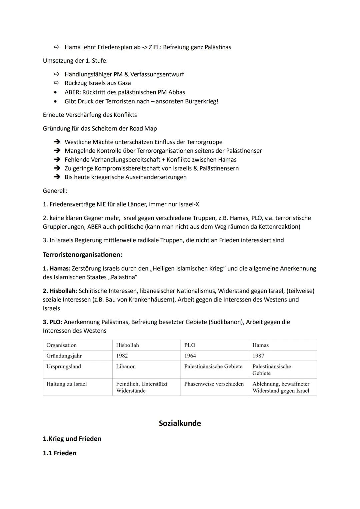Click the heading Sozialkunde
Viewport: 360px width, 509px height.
click(x=180, y=423)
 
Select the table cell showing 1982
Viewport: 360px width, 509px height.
click(x=122, y=356)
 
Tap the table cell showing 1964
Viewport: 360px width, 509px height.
click(x=190, y=356)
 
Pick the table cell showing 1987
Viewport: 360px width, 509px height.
click(x=258, y=356)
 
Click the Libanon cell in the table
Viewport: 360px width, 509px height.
click(x=126, y=366)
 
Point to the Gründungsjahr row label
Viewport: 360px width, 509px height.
click(x=64, y=356)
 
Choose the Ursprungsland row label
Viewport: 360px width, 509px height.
click(x=64, y=366)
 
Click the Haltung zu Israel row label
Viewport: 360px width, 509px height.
click(x=66, y=384)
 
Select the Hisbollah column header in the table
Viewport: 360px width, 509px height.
click(x=127, y=345)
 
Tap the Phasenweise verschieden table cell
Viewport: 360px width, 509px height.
click(x=214, y=384)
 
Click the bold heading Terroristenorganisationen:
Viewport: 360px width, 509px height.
click(x=82, y=255)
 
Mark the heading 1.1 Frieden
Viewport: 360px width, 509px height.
click(x=60, y=453)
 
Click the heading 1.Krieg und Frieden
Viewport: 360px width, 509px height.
click(x=72, y=439)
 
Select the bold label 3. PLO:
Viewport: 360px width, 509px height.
click(x=52, y=322)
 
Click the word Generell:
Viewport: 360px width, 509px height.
click(x=55, y=191)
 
